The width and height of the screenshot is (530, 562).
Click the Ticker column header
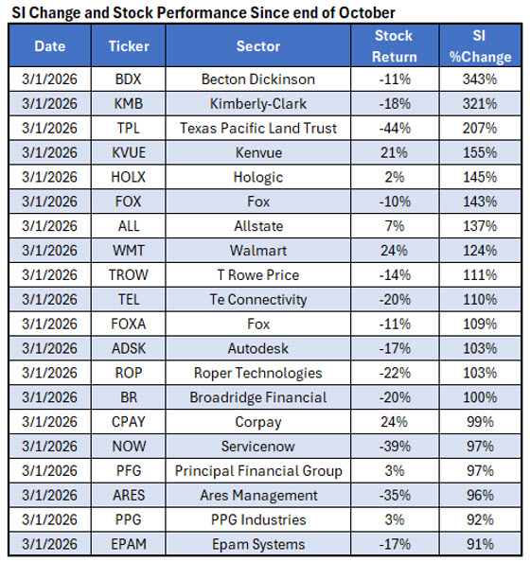pyautogui.click(x=129, y=45)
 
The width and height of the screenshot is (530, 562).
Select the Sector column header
pyautogui.click(x=258, y=45)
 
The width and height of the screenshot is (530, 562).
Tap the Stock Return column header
pyautogui.click(x=394, y=45)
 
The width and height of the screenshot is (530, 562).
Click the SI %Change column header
pyautogui.click(x=480, y=45)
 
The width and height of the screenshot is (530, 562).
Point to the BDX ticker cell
pyautogui.click(x=129, y=79)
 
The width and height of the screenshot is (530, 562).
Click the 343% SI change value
pyautogui.click(x=480, y=79)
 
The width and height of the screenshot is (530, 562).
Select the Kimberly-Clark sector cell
pyautogui.click(x=258, y=103)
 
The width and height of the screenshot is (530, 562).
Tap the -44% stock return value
pyautogui.click(x=394, y=128)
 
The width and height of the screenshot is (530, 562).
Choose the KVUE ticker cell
pyautogui.click(x=129, y=152)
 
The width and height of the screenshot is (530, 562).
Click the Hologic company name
pyautogui.click(x=258, y=177)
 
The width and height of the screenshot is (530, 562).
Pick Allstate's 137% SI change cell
pyautogui.click(x=480, y=226)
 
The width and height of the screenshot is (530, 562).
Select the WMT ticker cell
pyautogui.click(x=129, y=251)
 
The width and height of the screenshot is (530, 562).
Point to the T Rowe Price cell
pyautogui.click(x=258, y=275)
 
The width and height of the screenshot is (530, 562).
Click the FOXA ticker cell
pyautogui.click(x=129, y=325)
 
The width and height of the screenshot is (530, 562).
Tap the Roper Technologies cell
pyautogui.click(x=258, y=373)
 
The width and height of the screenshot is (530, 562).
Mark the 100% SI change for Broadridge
pyautogui.click(x=480, y=397)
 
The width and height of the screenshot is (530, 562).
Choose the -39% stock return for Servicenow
pyautogui.click(x=394, y=447)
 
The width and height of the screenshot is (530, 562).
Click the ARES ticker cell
pyautogui.click(x=129, y=496)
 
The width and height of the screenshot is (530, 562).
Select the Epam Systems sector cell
pyautogui.click(x=258, y=544)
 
